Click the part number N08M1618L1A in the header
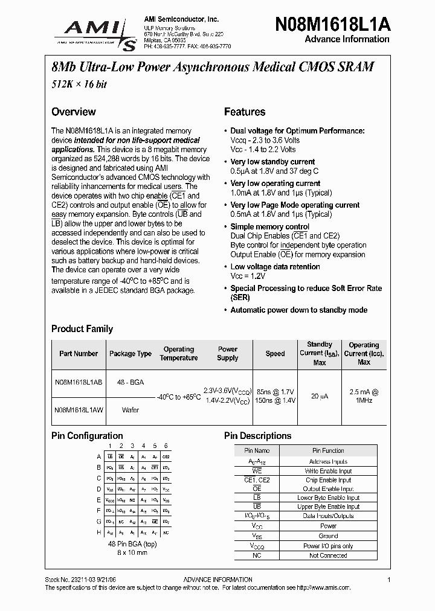[332, 24]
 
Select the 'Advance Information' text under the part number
[346, 39]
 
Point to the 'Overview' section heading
[73, 112]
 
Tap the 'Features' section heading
[245, 112]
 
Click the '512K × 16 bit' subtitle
[79, 85]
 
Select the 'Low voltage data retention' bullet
[275, 267]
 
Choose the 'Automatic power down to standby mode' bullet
[298, 310]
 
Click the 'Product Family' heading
[82, 329]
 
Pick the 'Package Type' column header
[130, 354]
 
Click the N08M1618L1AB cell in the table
[78, 382]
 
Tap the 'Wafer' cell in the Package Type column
[130, 410]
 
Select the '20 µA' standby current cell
[320, 395]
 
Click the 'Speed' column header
[275, 354]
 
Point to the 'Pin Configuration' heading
[87, 436]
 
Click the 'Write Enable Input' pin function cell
[328, 471]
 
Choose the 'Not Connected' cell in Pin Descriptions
[328, 555]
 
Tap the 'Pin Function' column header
[328, 450]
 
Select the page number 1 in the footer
[389, 580]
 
